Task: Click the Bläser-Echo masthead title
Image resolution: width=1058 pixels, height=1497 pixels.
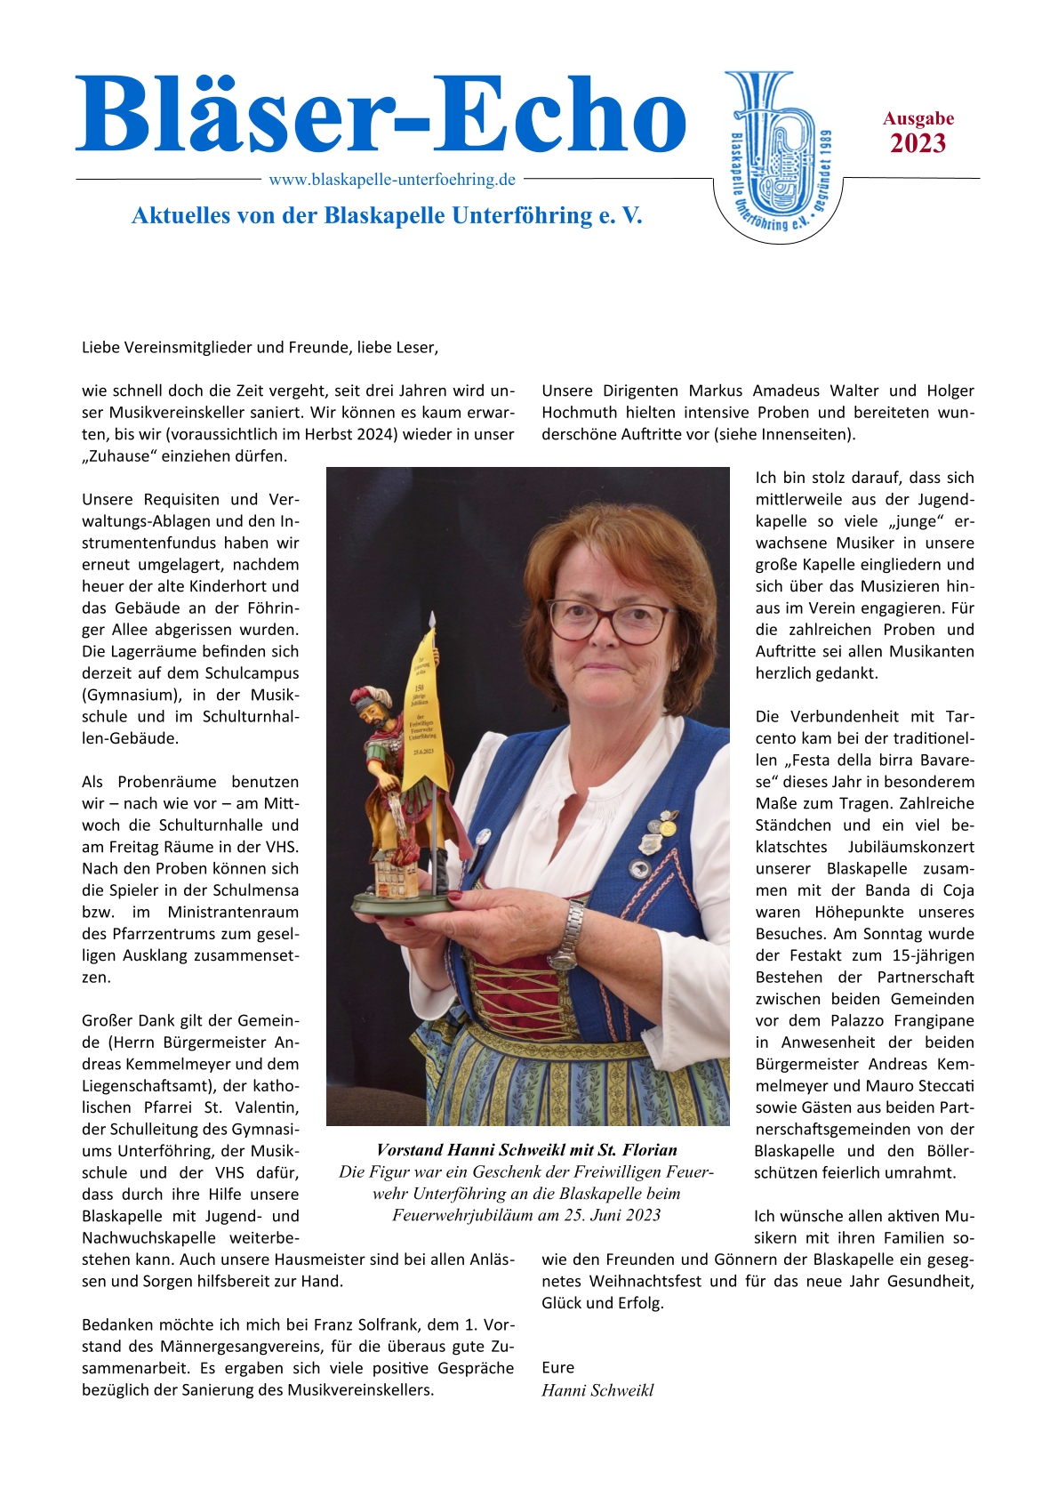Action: point(381,116)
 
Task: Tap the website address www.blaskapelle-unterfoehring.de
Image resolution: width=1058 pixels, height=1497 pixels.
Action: point(392,180)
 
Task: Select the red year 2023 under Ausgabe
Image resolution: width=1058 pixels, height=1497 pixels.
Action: point(918,144)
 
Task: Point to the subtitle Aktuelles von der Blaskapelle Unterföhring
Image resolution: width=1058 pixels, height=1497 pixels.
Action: point(387,215)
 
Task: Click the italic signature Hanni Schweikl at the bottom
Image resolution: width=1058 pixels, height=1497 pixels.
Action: point(597,1390)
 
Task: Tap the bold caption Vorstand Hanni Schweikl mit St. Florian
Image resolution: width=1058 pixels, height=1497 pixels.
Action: point(526,1150)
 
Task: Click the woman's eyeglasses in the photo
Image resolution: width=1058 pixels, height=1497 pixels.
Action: point(610,619)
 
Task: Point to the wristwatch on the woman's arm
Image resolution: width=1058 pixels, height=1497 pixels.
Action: point(566,936)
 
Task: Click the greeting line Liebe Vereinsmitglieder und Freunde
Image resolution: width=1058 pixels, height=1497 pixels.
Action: point(260,347)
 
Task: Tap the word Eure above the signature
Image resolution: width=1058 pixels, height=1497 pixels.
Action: point(558,1367)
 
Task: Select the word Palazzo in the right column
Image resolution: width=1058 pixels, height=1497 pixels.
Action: point(858,1020)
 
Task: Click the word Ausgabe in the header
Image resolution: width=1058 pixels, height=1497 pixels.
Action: point(918,118)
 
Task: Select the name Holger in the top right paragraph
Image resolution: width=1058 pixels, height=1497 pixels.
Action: point(950,390)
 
